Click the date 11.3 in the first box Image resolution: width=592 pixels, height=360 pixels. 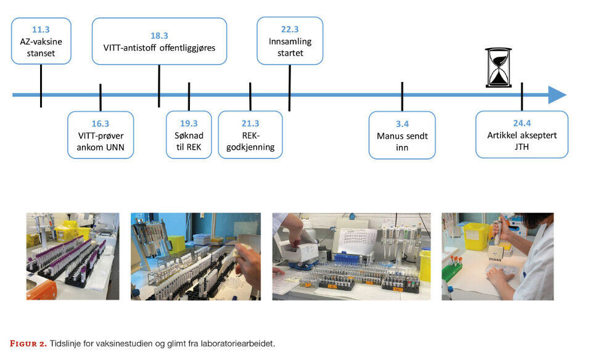41,29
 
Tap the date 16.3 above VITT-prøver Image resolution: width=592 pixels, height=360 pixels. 101,123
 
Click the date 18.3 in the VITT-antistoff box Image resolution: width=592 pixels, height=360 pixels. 159,36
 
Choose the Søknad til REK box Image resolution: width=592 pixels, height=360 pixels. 189,134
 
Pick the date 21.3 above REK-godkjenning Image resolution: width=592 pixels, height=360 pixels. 250,123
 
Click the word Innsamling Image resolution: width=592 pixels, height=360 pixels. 290,42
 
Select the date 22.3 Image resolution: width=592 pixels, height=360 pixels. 290,29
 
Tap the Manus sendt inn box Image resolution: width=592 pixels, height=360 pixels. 402,134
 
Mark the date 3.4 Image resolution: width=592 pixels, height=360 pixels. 402,123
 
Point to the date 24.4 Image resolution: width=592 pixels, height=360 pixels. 522,123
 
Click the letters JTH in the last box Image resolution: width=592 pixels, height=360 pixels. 522,147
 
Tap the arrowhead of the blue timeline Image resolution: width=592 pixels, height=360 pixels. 557,95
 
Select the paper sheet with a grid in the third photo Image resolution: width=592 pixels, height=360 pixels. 353,240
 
